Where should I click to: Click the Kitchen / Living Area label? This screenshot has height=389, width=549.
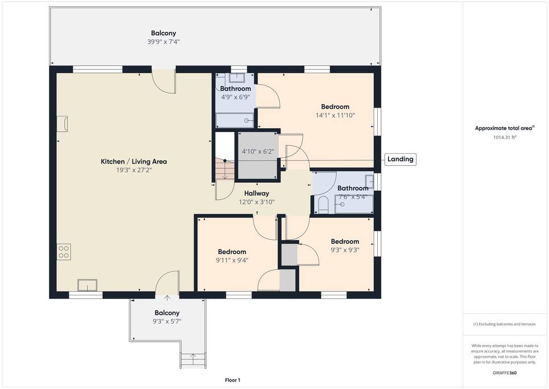click(x=134, y=162)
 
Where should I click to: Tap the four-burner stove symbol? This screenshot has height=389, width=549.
click(x=64, y=252)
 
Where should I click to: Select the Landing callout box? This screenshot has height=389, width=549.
click(x=400, y=159)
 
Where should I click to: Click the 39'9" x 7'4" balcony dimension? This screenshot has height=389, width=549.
click(x=163, y=42)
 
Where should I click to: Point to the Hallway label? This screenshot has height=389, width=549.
click(x=257, y=193)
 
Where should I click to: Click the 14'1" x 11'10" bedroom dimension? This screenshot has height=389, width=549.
click(x=335, y=115)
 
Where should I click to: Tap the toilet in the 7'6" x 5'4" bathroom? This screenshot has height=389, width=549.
click(x=323, y=204)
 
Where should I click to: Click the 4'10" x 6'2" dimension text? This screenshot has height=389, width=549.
click(x=258, y=151)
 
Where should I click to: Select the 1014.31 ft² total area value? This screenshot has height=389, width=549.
click(x=505, y=137)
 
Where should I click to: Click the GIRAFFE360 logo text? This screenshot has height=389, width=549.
click(x=505, y=373)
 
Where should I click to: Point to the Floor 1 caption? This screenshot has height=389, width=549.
click(x=233, y=380)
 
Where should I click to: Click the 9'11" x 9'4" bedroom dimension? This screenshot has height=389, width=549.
click(x=232, y=260)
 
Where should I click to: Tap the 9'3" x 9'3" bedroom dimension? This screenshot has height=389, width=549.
click(x=345, y=250)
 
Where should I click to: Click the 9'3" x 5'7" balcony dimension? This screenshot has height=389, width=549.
click(x=167, y=321)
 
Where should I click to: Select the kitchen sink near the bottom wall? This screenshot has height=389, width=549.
click(x=87, y=285)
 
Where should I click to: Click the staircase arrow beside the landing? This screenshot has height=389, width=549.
click(x=225, y=170)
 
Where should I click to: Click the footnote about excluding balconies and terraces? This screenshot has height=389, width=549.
click(x=505, y=324)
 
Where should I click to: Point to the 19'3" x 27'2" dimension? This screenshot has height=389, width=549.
click(x=134, y=170)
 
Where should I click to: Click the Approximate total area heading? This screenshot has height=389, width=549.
click(x=505, y=128)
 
